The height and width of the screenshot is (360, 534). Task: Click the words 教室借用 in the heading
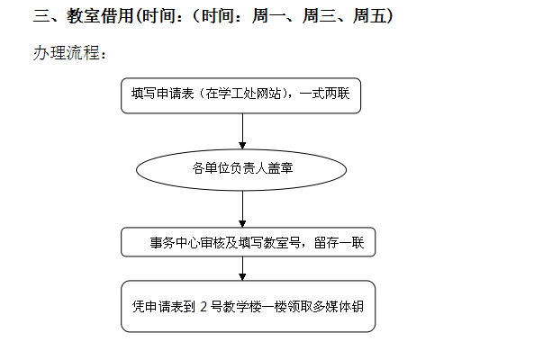click(100, 16)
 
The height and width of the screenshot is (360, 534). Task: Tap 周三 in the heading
click(319, 16)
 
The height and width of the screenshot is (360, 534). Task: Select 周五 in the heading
click(369, 16)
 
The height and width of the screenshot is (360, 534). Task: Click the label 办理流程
click(67, 53)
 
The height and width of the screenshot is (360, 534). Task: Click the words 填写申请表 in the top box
click(163, 94)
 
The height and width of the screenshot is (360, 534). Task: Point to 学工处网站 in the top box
click(243, 94)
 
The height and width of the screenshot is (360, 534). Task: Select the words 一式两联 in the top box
click(324, 94)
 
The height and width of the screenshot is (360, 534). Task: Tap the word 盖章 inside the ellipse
click(281, 168)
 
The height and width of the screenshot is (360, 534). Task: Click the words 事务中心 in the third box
click(175, 243)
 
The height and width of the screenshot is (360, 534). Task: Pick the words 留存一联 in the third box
click(339, 243)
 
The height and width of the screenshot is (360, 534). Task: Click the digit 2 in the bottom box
click(204, 307)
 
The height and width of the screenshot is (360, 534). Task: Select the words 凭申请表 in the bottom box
click(158, 307)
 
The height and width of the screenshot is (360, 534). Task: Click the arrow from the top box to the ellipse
click(242, 131)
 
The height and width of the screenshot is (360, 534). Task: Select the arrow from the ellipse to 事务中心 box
click(242, 209)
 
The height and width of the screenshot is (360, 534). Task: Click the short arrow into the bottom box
click(242, 268)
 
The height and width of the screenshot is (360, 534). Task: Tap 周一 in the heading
click(268, 16)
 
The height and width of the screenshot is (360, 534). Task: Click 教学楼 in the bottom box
click(242, 307)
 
